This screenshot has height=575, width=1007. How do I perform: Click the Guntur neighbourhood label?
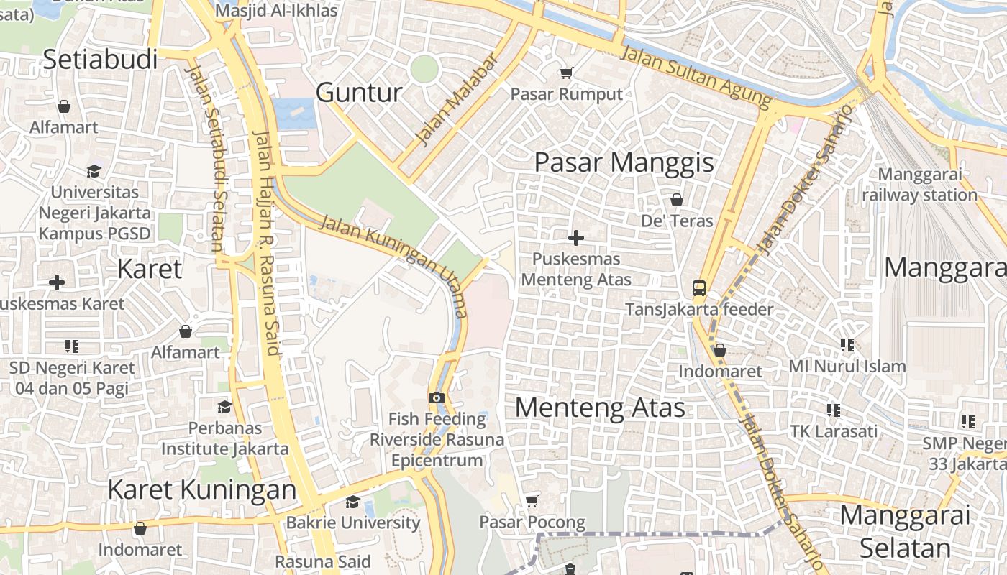(359, 93)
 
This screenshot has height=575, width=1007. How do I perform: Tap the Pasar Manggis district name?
(624, 162)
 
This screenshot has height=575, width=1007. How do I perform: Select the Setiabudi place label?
(100, 60)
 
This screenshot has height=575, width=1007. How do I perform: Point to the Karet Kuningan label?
(201, 489)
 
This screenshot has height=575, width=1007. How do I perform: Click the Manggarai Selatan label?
(905, 531)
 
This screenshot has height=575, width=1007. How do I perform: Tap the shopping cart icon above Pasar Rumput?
(566, 73)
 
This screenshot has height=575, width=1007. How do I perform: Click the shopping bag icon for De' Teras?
(676, 199)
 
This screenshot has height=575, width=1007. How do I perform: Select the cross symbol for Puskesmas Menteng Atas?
(575, 238)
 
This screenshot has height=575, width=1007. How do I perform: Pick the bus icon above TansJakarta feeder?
(698, 288)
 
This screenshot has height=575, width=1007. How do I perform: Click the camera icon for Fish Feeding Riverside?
(436, 397)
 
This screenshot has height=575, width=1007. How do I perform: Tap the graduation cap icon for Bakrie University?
(352, 502)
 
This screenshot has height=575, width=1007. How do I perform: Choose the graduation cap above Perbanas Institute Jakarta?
(224, 408)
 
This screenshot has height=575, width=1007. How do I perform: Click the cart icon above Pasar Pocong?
(532, 501)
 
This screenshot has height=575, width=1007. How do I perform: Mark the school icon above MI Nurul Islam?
(847, 345)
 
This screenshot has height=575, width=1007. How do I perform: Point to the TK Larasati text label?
(834, 431)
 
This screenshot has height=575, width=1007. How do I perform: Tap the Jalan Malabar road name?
(457, 100)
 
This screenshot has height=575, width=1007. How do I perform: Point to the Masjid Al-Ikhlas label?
(276, 11)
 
